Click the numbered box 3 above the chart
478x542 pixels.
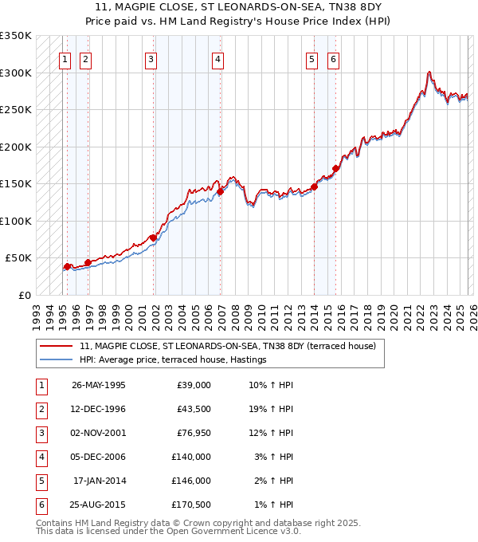click(x=151, y=58)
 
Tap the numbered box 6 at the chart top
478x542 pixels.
click(x=333, y=58)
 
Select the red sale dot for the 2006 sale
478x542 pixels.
click(x=220, y=191)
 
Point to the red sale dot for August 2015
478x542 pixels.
click(x=336, y=168)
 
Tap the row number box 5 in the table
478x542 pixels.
click(x=40, y=480)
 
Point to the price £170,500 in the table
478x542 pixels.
click(x=191, y=504)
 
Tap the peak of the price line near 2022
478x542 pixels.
click(x=429, y=72)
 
